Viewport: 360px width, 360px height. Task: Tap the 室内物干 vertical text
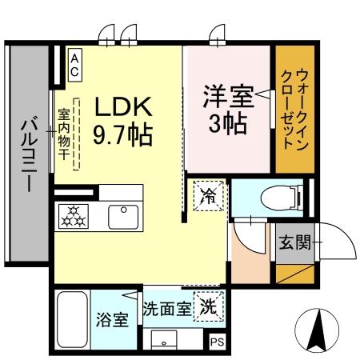click(x=62, y=134)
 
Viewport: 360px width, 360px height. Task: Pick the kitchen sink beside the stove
click(x=123, y=215)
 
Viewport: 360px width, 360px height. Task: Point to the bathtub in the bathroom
click(x=72, y=318)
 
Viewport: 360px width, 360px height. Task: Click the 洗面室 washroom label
click(x=166, y=307)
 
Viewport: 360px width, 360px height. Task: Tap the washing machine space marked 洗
click(x=207, y=306)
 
